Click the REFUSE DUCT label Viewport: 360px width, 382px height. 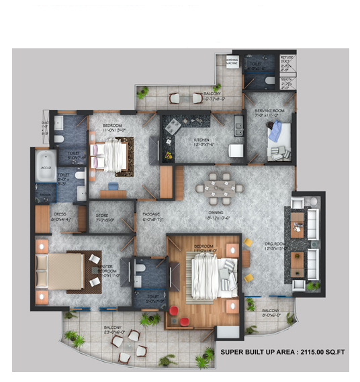[x=287, y=60]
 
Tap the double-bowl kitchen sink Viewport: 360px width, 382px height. [x=238, y=124]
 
